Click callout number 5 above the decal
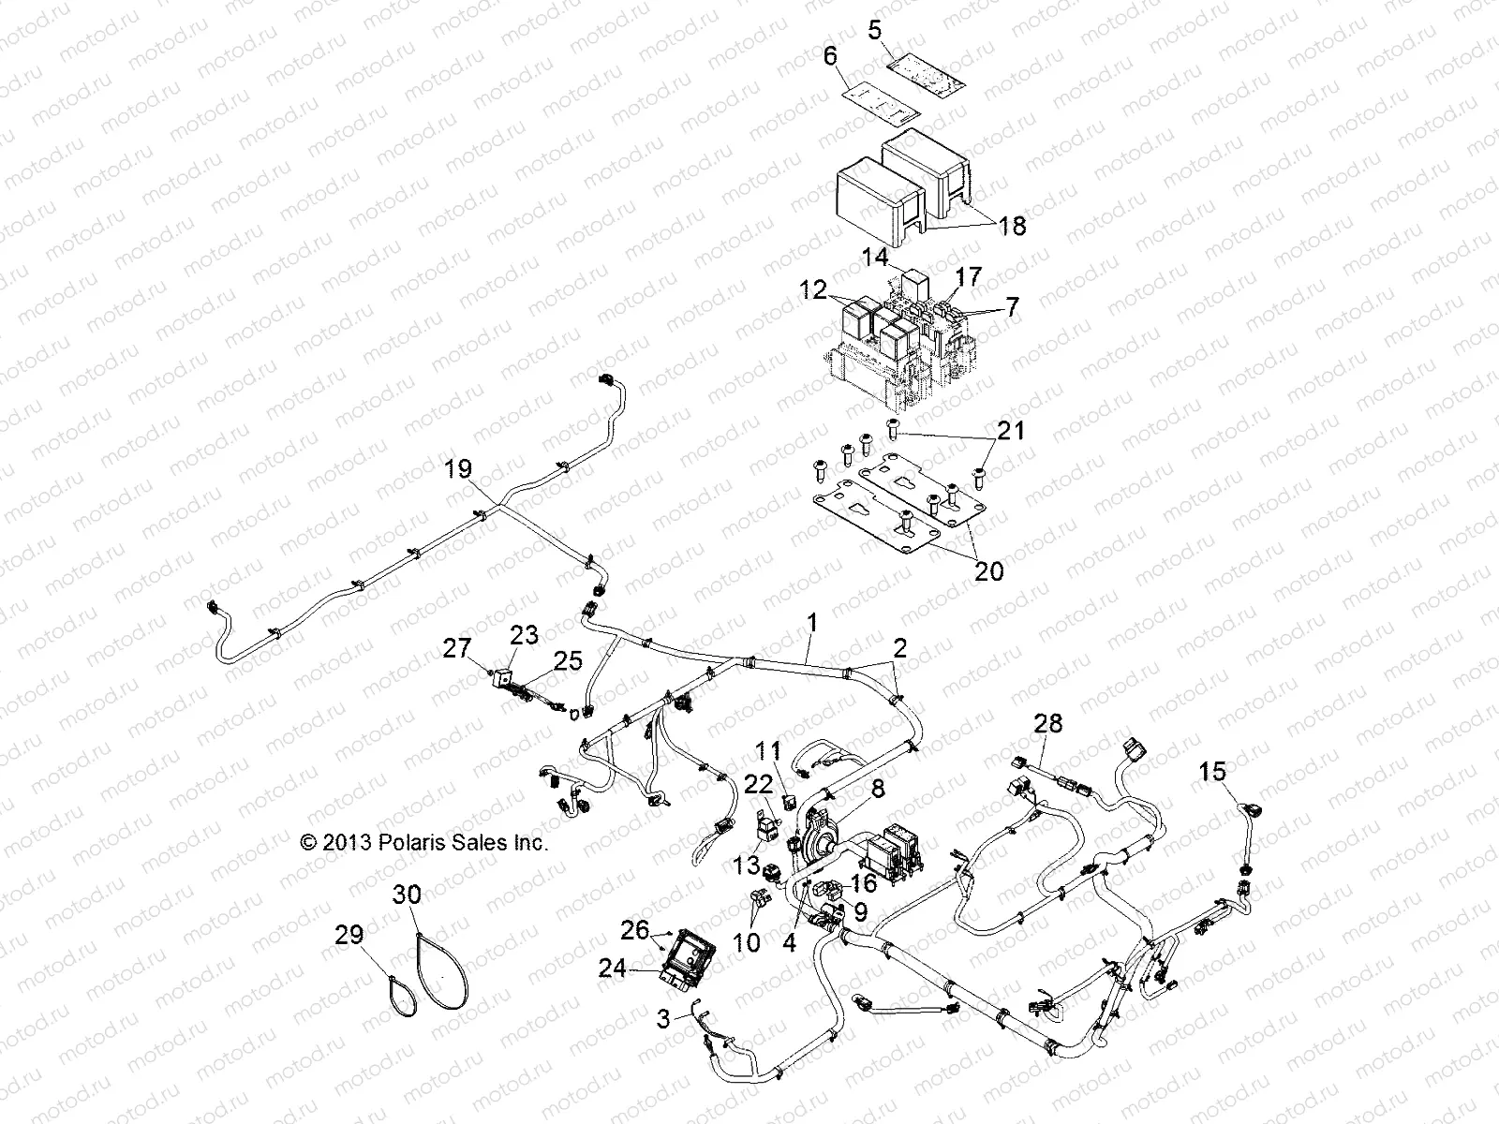pos(874,30)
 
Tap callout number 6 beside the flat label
pos(829,57)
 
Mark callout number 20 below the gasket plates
pos(988,569)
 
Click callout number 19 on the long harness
pos(458,469)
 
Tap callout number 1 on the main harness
pos(812,621)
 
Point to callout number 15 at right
pos(1212,772)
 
